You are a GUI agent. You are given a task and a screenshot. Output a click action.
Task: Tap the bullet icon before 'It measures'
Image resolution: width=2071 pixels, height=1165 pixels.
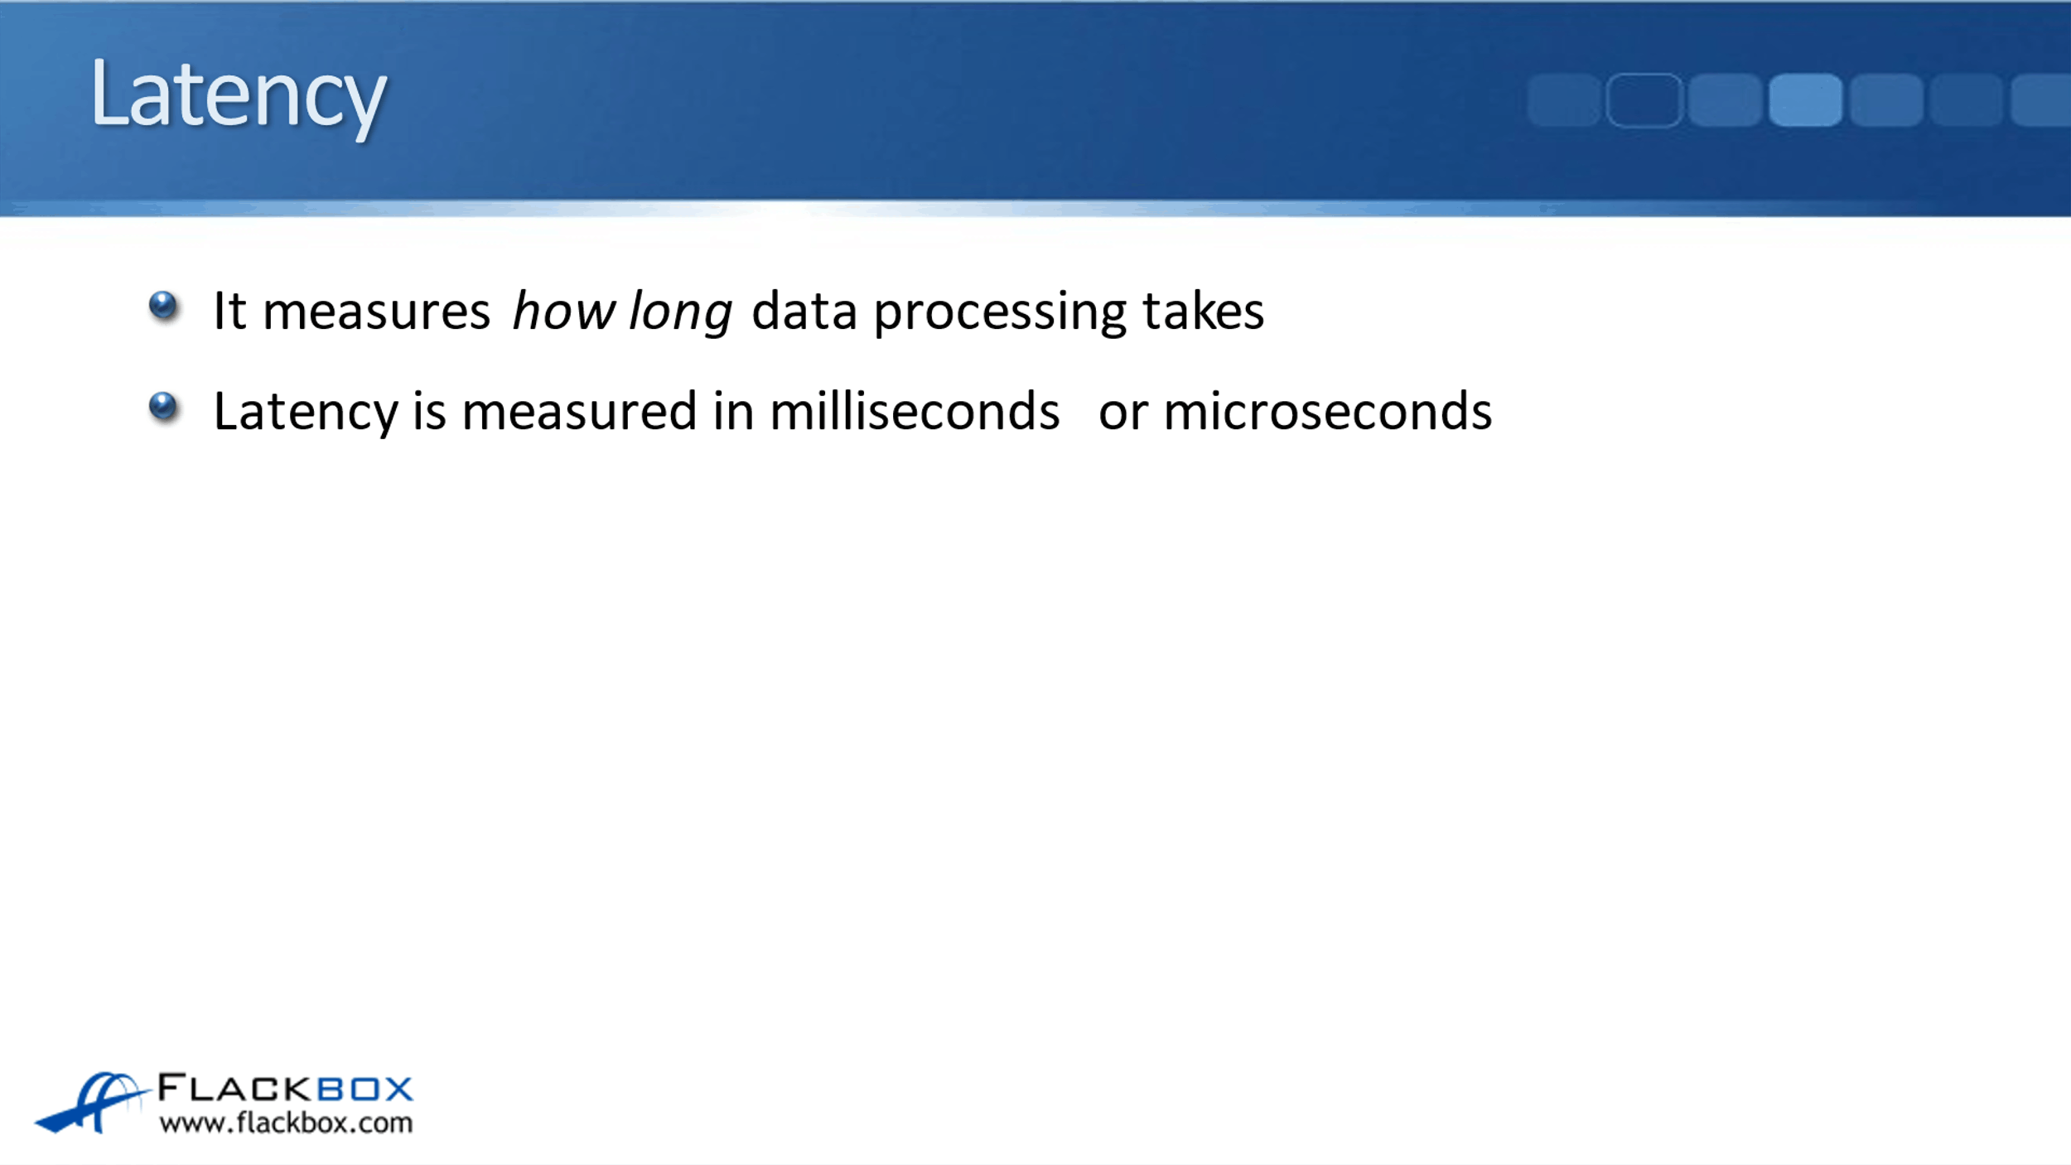tap(163, 306)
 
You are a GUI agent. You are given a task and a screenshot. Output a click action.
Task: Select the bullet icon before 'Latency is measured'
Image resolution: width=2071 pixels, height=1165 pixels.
tap(163, 406)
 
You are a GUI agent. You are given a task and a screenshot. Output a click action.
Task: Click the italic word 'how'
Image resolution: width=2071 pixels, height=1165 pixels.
tap(563, 312)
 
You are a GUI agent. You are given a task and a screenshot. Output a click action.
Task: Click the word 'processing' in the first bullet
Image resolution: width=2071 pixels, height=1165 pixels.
tap(1000, 314)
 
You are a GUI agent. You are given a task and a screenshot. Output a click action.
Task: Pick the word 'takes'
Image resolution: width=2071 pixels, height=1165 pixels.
tap(1203, 312)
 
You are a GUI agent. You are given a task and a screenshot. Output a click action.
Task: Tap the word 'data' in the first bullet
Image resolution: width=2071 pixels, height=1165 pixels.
tap(804, 312)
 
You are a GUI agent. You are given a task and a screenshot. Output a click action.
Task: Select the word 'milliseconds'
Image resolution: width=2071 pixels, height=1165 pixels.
tap(915, 411)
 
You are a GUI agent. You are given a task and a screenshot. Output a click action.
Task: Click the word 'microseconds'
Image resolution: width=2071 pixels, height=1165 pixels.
tap(1328, 411)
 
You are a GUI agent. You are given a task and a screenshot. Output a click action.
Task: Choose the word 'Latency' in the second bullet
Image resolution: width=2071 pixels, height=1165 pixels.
tap(306, 413)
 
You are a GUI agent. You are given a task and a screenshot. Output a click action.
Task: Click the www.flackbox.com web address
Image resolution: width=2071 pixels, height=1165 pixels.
tap(286, 1123)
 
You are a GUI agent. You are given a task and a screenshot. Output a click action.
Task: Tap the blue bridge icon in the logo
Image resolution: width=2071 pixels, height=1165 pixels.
tap(91, 1101)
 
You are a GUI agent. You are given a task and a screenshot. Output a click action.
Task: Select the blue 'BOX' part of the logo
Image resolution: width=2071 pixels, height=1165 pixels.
tap(365, 1089)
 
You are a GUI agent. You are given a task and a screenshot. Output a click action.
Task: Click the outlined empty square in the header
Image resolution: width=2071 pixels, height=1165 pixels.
tap(1644, 100)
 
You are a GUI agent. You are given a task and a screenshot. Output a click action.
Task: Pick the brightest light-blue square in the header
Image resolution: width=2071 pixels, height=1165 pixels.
tap(1805, 100)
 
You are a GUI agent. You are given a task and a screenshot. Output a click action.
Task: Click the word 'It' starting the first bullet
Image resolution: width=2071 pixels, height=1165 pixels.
tap(229, 312)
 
